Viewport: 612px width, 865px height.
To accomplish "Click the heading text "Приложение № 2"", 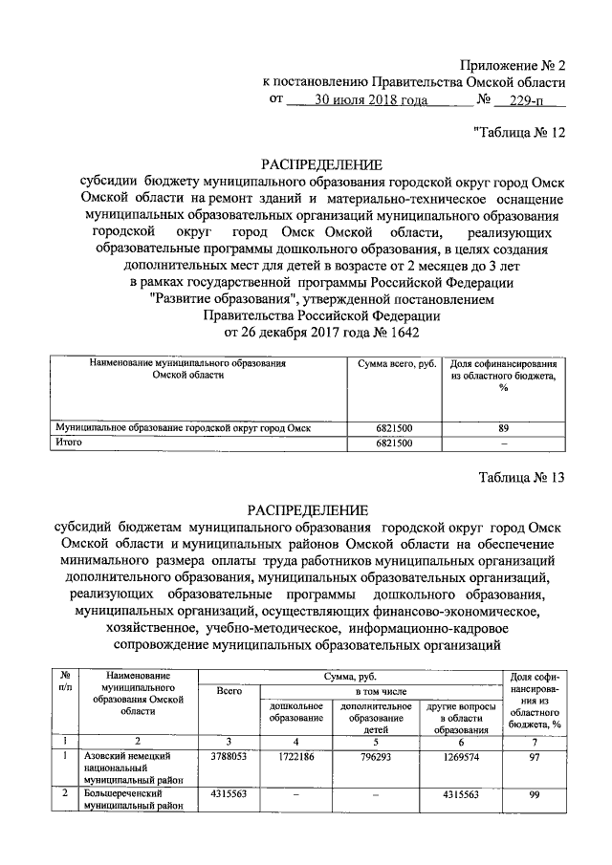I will click(513, 66).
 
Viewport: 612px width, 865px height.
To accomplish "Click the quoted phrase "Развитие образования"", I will click(222, 298).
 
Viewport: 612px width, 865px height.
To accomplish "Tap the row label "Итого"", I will click(69, 443).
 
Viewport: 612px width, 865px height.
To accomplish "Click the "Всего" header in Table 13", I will click(229, 690).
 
